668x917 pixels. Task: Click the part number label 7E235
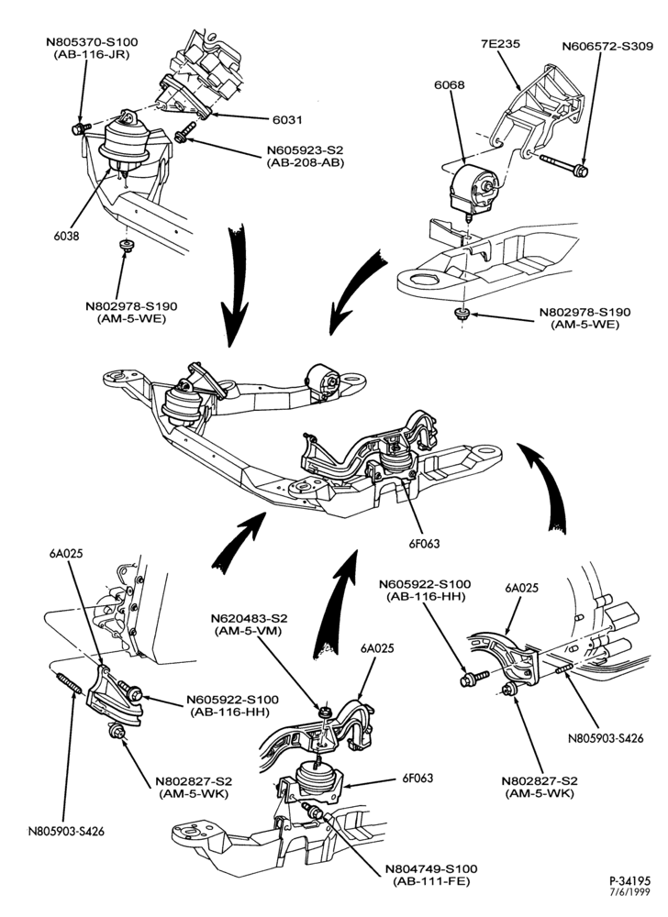[x=501, y=43]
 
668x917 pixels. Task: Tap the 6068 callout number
[x=450, y=84]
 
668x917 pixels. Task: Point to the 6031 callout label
[x=287, y=120]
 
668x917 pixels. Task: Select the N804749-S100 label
[x=431, y=868]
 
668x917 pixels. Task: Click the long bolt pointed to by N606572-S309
[x=564, y=165]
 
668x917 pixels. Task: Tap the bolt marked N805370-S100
[x=80, y=128]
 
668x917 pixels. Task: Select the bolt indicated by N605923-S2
[x=186, y=133]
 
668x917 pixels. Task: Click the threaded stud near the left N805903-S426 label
[x=66, y=683]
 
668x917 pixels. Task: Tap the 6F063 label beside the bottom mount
[x=417, y=778]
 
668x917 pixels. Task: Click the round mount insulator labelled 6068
[x=473, y=188]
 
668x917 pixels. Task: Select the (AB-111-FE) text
[x=431, y=881]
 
